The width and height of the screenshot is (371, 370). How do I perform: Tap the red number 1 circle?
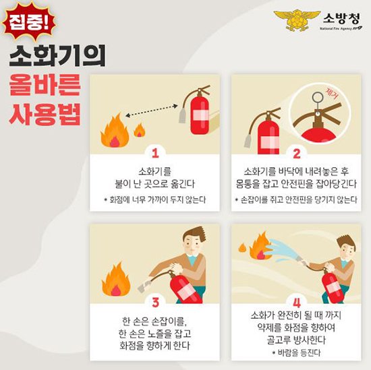coord(154,152)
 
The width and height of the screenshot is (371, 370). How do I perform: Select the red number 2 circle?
coord(295,152)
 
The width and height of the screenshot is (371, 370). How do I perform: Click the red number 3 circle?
coord(154,301)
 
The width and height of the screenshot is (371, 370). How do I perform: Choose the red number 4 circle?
coord(295,301)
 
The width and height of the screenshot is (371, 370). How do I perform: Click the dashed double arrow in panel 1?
coord(156,111)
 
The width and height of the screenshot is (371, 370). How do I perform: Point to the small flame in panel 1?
coord(140,130)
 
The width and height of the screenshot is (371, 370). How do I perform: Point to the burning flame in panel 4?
coord(259,245)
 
